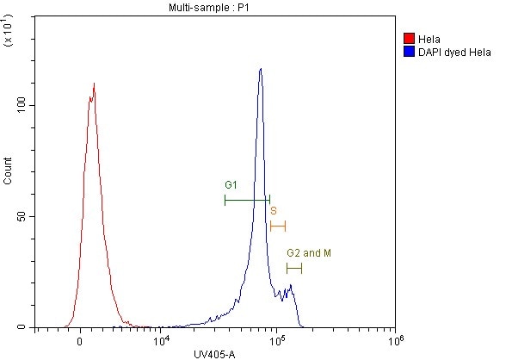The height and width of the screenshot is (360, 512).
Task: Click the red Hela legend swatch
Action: click(x=410, y=39)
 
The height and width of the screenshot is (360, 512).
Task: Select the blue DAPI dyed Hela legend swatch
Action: click(x=410, y=52)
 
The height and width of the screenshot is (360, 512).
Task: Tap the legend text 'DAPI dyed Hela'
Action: click(x=454, y=52)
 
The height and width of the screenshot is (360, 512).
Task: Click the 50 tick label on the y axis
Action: click(x=22, y=216)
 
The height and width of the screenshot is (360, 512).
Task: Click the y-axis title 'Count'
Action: click(x=9, y=172)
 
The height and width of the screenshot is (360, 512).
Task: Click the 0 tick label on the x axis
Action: click(x=79, y=342)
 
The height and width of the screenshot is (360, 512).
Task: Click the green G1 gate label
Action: click(x=231, y=185)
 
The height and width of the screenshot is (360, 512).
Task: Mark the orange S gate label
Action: click(x=273, y=210)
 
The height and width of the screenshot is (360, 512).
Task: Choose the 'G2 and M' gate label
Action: click(x=309, y=253)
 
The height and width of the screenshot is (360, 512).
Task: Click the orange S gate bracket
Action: click(x=277, y=226)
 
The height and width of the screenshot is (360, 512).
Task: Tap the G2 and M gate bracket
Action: click(x=294, y=269)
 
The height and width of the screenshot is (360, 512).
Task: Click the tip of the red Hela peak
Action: click(x=93, y=84)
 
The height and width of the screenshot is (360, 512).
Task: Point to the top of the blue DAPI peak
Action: click(x=260, y=69)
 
